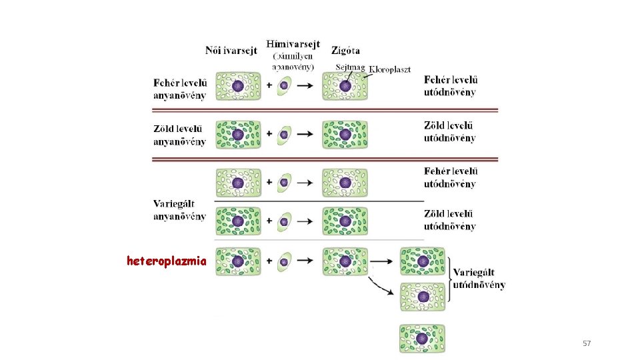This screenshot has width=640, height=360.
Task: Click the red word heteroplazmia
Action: [167, 261]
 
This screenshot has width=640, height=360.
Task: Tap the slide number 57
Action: [587, 343]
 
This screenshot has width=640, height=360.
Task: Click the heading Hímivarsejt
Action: [293, 44]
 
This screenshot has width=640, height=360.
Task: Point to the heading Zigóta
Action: [345, 49]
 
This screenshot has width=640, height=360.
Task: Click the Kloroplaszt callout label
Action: [389, 69]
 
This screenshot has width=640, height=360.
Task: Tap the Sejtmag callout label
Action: [350, 68]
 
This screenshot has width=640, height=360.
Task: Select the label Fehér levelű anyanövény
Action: [180, 89]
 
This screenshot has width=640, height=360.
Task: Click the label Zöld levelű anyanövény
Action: [180, 134]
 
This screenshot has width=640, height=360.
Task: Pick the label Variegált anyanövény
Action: [179, 209]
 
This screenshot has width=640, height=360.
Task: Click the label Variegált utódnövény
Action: [479, 279]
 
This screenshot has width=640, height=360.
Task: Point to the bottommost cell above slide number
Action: [422, 339]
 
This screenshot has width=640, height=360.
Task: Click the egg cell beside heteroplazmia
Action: [238, 261]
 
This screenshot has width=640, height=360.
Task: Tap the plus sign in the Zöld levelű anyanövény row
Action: [269, 133]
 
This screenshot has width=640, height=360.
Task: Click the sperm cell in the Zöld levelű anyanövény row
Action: [285, 133]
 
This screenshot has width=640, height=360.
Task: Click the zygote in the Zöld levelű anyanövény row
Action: [345, 134]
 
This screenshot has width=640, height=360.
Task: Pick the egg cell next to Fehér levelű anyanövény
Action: [238, 86]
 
